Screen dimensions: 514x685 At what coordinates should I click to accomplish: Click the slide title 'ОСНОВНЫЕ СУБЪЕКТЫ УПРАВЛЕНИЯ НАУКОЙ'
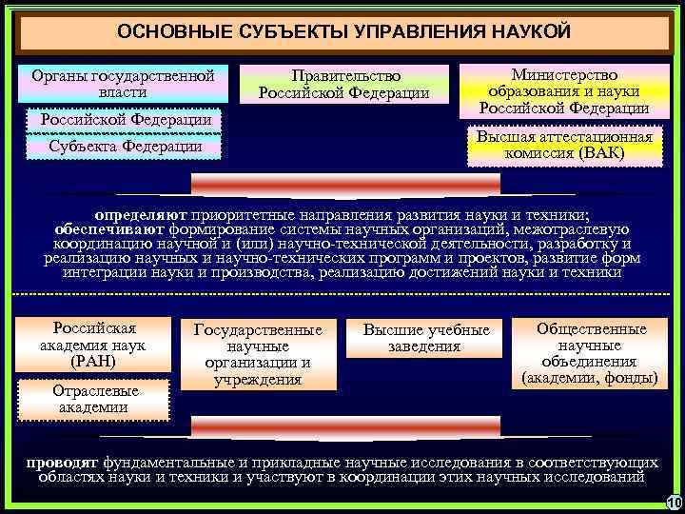[343, 31]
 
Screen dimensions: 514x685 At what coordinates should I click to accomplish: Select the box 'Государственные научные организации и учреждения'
[259, 354]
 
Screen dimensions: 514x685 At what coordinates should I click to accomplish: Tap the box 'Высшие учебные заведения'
[426, 338]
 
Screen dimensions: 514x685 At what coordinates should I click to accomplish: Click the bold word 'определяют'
[147, 215]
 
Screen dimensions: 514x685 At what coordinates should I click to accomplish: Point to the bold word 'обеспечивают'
[109, 229]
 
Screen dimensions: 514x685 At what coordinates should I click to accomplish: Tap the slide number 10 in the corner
[673, 503]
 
